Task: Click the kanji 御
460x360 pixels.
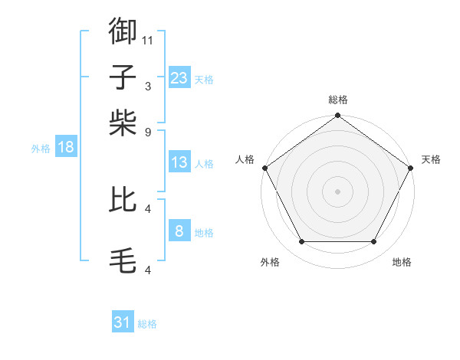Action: pyautogui.click(x=123, y=31)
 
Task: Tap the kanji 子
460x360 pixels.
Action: pyautogui.click(x=123, y=79)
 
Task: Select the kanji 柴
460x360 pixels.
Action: pyautogui.click(x=123, y=122)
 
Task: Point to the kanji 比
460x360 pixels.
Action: pyautogui.click(x=123, y=201)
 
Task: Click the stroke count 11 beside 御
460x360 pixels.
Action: pyautogui.click(x=148, y=39)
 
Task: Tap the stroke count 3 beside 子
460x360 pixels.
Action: pyautogui.click(x=148, y=87)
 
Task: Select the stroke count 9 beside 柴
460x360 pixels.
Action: pyautogui.click(x=148, y=131)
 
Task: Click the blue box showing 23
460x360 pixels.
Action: pyautogui.click(x=179, y=77)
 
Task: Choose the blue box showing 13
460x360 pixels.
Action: pyautogui.click(x=179, y=162)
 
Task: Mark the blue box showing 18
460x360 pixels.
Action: pyautogui.click(x=66, y=148)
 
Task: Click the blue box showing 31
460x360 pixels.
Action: pyautogui.click(x=123, y=322)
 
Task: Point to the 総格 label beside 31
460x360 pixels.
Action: pyautogui.click(x=148, y=324)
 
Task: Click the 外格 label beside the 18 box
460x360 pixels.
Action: pyautogui.click(x=41, y=149)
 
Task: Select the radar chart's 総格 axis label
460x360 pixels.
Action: pyautogui.click(x=338, y=100)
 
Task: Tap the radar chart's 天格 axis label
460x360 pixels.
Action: pyautogui.click(x=432, y=159)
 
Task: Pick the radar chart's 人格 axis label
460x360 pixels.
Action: pyautogui.click(x=245, y=159)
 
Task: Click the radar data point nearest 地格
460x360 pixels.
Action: pyautogui.click(x=374, y=242)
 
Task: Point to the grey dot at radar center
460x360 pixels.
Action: pyautogui.click(x=338, y=191)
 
